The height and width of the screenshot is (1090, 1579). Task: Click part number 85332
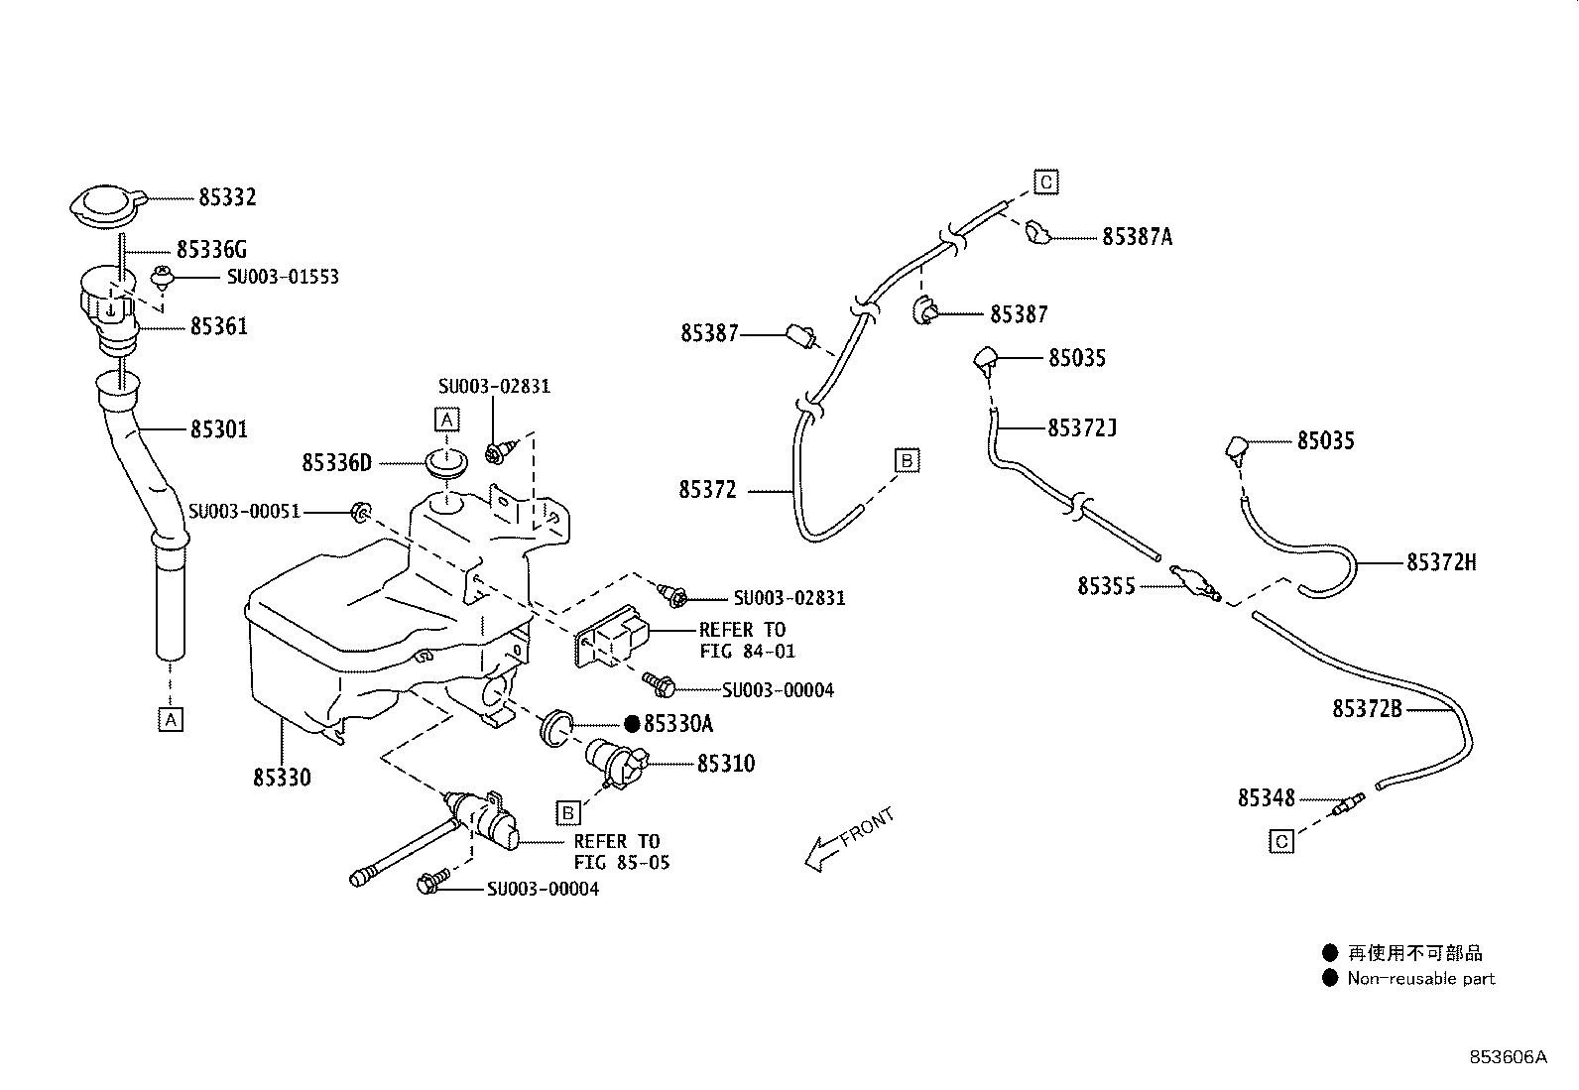point(227,197)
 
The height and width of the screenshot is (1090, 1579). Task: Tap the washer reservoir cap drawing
point(107,206)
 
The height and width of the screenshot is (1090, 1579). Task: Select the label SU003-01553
point(283,277)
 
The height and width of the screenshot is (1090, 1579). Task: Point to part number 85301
point(219,429)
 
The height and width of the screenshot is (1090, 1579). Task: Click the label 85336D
point(336,463)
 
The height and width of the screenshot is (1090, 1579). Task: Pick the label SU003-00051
point(244,511)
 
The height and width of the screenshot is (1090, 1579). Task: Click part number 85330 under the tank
point(282,778)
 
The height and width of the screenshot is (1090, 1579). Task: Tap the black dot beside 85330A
point(632,723)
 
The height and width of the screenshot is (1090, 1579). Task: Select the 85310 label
point(726,764)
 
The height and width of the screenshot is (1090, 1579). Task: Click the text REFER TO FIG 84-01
point(747,640)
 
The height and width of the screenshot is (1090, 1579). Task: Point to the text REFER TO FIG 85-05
point(622,852)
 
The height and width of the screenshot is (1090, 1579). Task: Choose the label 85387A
point(1137,238)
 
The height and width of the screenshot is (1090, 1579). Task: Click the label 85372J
point(1082,427)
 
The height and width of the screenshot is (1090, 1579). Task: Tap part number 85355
point(1106,586)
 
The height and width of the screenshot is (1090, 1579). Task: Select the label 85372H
point(1441,562)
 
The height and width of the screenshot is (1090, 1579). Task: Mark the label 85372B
point(1367,709)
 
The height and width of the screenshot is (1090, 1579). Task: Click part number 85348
point(1267,798)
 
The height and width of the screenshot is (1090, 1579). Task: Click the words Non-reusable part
point(1420,979)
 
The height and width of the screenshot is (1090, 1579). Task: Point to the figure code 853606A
point(1508,1057)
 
